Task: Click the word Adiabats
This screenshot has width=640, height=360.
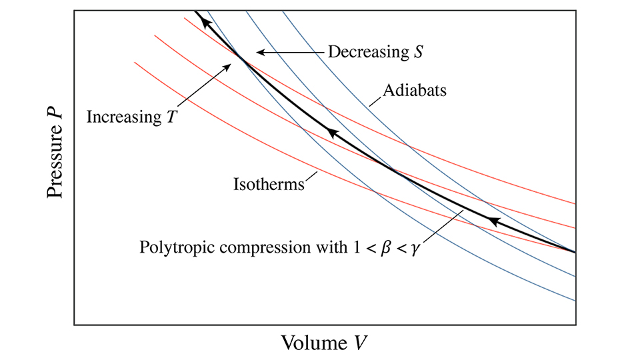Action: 415,90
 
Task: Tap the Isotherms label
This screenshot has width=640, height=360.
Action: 269,182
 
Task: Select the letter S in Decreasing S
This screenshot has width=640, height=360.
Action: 417,52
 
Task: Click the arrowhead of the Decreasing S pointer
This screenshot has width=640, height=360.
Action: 260,52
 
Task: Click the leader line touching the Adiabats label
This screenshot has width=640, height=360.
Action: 377,98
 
